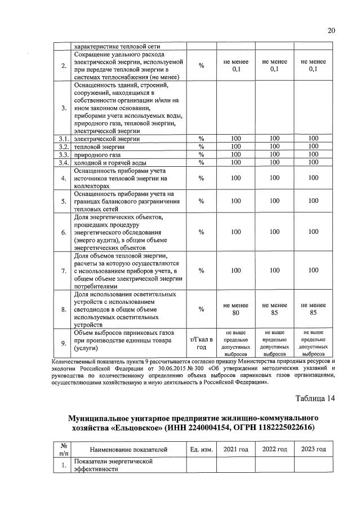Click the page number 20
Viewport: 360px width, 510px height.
click(331, 30)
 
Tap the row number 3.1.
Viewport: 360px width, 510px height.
click(64, 139)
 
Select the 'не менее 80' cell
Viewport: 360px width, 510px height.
click(235, 309)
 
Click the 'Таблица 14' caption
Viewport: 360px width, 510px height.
click(315, 398)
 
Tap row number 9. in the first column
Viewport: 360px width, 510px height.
click(64, 343)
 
